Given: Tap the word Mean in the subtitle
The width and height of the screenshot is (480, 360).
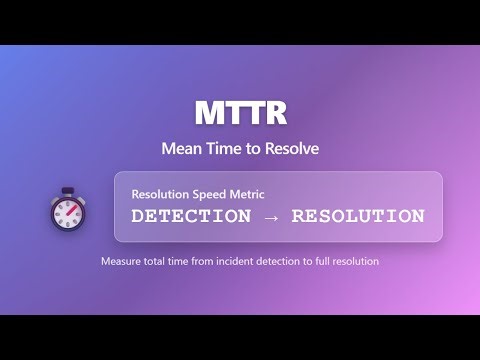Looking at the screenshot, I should (x=181, y=148).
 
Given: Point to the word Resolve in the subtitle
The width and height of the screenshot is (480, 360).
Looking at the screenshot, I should (x=291, y=148).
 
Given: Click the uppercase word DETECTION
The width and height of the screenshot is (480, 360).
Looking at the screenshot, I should (x=191, y=216).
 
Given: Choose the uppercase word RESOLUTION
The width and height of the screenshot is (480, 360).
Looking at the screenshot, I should (x=359, y=216).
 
